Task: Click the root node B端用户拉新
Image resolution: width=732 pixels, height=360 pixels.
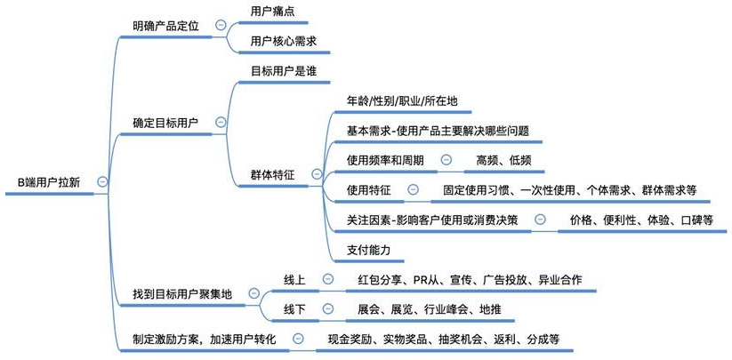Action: tap(48, 181)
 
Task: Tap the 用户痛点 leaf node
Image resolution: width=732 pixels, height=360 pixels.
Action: tap(274, 11)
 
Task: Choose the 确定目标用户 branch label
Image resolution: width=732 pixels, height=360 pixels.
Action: tap(165, 122)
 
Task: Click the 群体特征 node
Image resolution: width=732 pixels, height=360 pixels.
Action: tap(273, 175)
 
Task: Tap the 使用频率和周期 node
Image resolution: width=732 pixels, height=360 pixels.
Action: tap(385, 160)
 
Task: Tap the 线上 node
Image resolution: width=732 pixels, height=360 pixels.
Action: tap(295, 280)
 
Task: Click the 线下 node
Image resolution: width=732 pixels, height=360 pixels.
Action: tap(295, 309)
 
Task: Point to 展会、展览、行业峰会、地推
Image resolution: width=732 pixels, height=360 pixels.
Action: tap(429, 309)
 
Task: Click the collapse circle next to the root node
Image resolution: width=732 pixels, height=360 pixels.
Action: tap(102, 181)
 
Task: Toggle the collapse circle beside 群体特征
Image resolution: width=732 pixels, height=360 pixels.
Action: tap(316, 175)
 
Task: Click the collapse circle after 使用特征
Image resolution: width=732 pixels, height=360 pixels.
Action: tap(413, 189)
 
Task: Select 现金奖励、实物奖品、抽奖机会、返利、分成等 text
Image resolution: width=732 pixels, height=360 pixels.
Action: tap(443, 340)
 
